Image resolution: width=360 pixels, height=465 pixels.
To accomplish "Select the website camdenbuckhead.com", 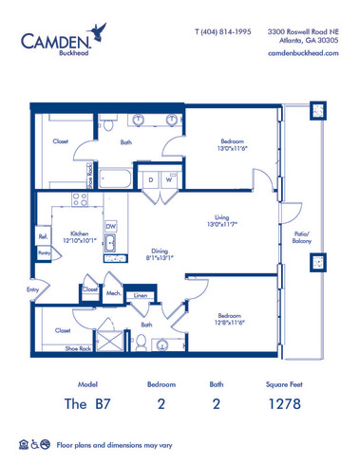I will pyautogui.click(x=306, y=55).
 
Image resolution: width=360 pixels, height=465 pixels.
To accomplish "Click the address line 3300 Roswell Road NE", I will pyautogui.click(x=304, y=31).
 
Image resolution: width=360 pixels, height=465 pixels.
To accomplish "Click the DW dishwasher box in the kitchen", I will pyautogui.click(x=111, y=226).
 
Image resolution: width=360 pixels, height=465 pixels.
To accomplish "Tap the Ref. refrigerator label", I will pyautogui.click(x=44, y=236).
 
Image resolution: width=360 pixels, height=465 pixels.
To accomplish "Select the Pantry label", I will pyautogui.click(x=44, y=253).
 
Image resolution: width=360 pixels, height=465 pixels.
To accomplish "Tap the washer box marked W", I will pyautogui.click(x=168, y=179).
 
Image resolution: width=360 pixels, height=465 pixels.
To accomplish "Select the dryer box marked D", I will pyautogui.click(x=150, y=179).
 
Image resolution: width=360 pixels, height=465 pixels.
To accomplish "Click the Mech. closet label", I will pyautogui.click(x=113, y=293).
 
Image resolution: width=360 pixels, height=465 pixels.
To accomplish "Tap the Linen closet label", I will pyautogui.click(x=140, y=297).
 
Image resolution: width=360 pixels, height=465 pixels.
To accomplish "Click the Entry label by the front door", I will pyautogui.click(x=33, y=289).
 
